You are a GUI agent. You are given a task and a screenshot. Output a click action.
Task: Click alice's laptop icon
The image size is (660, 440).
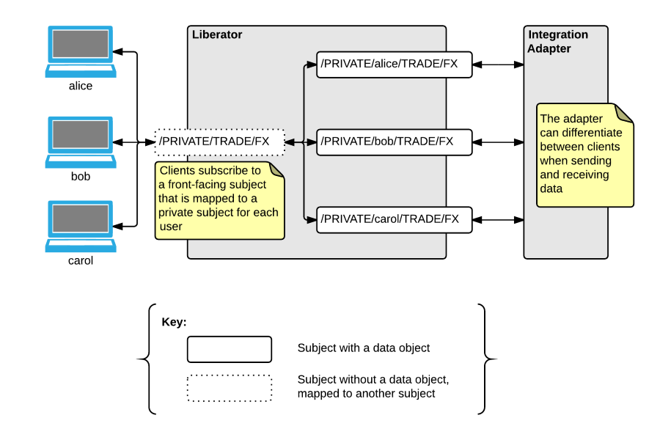[81, 51]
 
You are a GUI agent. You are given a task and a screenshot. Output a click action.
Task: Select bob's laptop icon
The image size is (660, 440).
[81, 142]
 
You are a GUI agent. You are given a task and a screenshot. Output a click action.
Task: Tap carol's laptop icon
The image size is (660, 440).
[81, 226]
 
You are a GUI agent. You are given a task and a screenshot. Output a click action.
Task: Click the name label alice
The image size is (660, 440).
[81, 86]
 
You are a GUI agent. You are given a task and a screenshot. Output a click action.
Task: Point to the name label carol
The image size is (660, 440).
[81, 260]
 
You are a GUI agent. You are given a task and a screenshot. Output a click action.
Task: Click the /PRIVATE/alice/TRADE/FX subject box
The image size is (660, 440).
[394, 65]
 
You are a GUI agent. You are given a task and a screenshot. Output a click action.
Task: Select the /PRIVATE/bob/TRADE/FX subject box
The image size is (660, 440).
[394, 142]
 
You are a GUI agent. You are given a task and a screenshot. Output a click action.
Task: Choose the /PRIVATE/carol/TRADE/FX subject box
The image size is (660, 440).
[394, 220]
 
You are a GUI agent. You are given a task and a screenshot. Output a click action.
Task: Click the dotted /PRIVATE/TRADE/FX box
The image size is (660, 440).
[220, 142]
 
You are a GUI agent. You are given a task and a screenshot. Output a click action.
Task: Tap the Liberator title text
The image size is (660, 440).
[217, 34]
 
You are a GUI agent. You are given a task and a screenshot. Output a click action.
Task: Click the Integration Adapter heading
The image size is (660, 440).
[558, 41]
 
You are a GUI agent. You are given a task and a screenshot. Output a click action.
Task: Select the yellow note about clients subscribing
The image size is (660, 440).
[220, 201]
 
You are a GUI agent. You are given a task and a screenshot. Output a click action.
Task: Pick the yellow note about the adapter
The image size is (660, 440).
[584, 155]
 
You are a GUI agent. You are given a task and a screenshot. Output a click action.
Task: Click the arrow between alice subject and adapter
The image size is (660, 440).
[498, 65]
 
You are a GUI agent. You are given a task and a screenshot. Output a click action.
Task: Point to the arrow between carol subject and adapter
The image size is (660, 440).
[498, 220]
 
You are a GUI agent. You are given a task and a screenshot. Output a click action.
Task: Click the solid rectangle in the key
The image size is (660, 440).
[230, 349]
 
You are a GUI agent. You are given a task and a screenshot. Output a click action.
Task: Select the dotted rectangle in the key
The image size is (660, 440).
[230, 388]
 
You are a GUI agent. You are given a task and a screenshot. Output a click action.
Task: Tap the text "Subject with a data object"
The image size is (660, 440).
[363, 348]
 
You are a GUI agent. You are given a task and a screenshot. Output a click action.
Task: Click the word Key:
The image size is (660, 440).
[174, 322]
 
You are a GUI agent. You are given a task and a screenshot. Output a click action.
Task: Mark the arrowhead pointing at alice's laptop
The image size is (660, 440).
[118, 52]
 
